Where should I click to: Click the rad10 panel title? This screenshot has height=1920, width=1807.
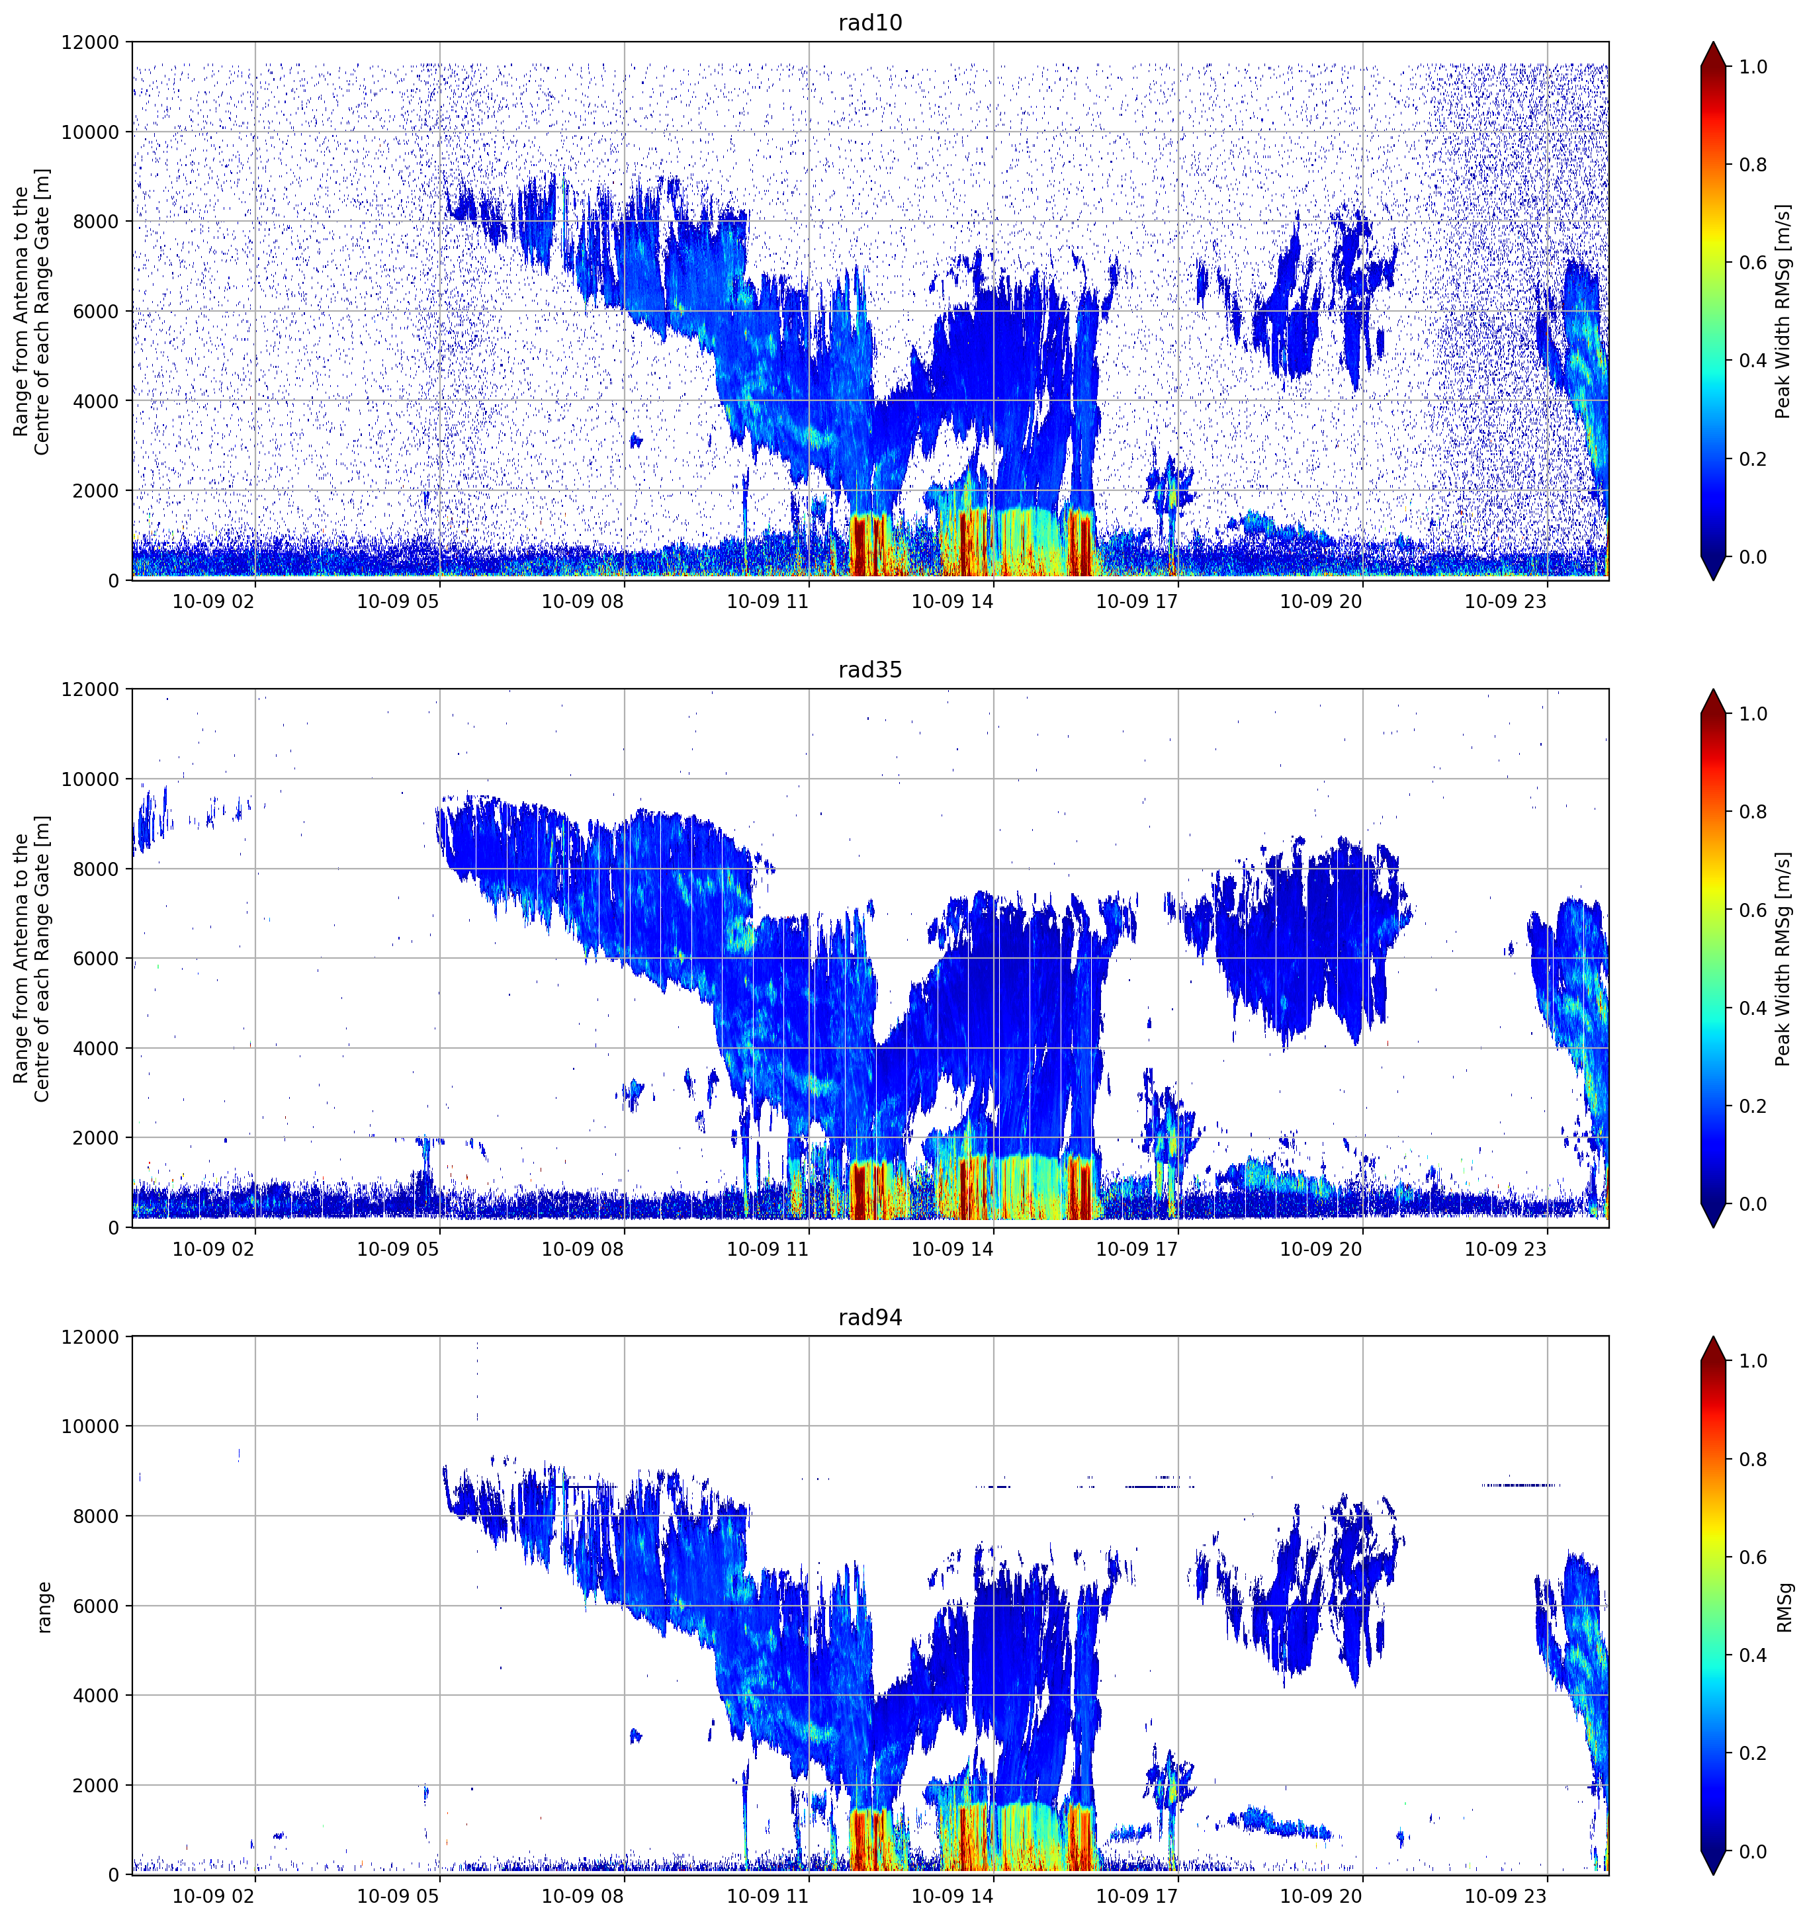click(x=869, y=22)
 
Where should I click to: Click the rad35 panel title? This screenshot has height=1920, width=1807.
click(x=869, y=670)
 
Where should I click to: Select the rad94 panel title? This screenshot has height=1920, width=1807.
click(x=869, y=1317)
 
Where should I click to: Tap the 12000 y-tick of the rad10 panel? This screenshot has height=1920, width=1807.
click(x=91, y=42)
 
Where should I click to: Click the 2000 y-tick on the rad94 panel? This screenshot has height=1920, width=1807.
click(x=97, y=1786)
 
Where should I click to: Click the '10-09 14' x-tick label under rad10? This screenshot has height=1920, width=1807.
click(x=951, y=601)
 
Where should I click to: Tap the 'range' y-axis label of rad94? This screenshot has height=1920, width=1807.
click(x=44, y=1606)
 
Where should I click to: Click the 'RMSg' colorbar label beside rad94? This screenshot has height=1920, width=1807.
click(x=1783, y=1606)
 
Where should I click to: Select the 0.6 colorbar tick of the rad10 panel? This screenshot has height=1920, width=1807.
click(x=1752, y=263)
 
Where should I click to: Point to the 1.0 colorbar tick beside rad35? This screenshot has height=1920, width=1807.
click(x=1752, y=714)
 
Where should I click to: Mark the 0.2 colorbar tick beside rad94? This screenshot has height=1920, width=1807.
click(x=1752, y=1753)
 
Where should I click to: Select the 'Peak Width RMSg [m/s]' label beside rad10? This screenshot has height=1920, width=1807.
click(x=1783, y=311)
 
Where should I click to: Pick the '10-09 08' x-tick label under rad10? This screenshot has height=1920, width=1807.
click(x=582, y=601)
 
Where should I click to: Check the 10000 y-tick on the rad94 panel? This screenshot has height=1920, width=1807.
click(x=91, y=1426)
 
